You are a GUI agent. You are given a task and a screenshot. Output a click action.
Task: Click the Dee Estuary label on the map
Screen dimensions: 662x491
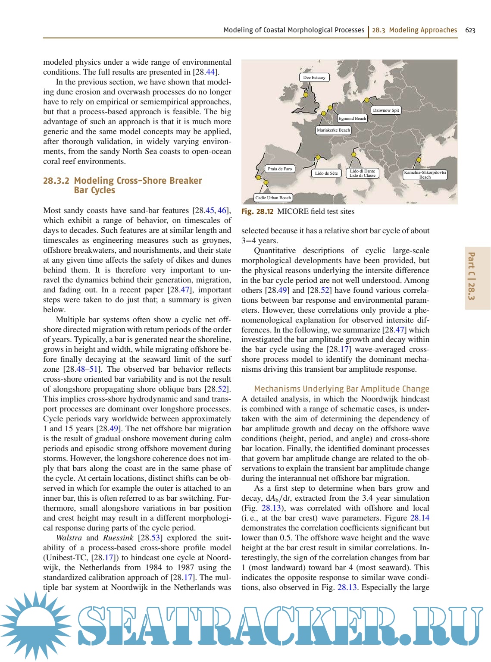pos(314,78)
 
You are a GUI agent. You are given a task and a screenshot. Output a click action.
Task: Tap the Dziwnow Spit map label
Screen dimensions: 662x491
pos(386,110)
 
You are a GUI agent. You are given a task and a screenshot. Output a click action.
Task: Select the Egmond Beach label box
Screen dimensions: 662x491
pos(352,118)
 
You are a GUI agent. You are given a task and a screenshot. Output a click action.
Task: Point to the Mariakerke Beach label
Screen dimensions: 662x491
pos(333,130)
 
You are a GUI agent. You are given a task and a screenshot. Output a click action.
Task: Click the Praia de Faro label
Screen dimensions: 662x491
pos(280,169)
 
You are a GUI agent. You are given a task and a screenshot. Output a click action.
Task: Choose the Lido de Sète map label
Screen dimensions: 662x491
pos(326,173)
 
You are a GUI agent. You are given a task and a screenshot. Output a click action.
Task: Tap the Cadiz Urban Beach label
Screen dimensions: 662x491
pos(273,198)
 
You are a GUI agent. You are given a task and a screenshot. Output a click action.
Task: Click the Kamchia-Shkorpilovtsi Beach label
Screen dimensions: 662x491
pos(425,174)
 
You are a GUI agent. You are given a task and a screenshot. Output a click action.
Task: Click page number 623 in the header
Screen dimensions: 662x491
pos(470,30)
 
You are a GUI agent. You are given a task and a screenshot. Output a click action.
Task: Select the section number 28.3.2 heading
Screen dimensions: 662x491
pos(56,181)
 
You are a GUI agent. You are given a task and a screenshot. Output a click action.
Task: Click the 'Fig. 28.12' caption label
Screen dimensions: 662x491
pos(257,211)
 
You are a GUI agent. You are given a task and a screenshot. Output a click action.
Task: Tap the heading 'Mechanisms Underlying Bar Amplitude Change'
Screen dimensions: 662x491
pos(341,389)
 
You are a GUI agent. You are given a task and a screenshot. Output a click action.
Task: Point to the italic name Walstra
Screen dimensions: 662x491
pos(69,538)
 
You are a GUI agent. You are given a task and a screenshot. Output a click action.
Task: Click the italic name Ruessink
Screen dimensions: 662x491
pos(118,538)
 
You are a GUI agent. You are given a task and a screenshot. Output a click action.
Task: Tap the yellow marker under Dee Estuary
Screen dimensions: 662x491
pos(306,94)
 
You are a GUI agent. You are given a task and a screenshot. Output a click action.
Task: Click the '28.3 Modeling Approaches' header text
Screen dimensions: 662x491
pos(414,30)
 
